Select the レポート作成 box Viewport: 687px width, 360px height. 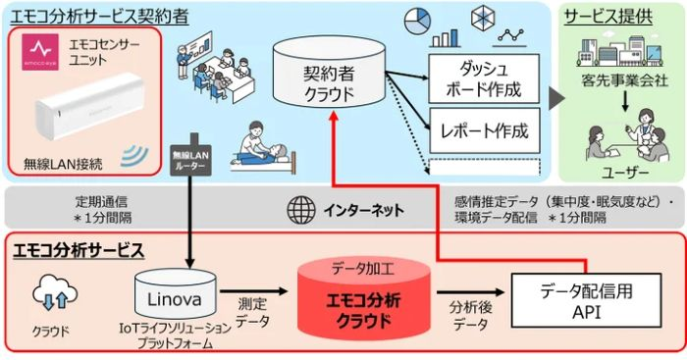point(485,129)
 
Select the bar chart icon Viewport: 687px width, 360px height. point(446,35)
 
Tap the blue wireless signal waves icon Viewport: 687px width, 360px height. point(132,154)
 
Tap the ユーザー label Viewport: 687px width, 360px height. point(622,173)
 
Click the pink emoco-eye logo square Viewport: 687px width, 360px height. point(40,50)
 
